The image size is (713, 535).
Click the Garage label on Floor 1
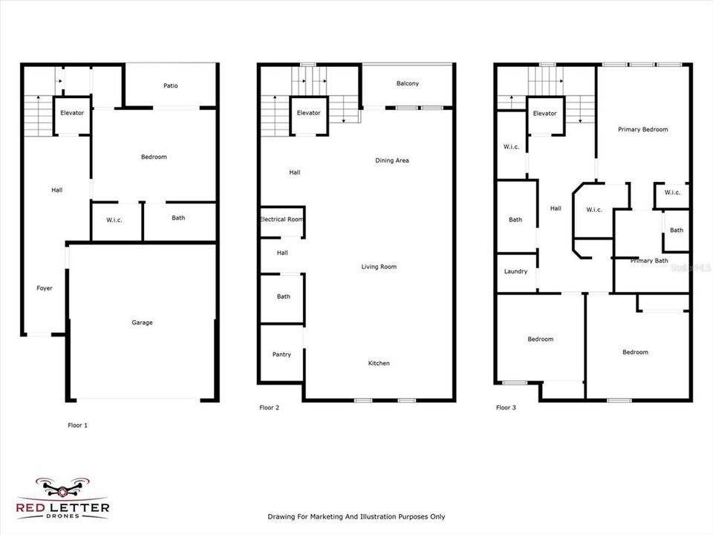tap(142, 322)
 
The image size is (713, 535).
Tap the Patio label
tap(171, 85)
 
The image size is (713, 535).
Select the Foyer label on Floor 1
tap(45, 288)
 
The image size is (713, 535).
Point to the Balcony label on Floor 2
tap(407, 83)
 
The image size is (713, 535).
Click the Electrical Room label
tap(281, 220)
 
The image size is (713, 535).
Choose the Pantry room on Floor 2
tap(281, 354)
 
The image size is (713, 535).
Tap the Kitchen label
tap(379, 363)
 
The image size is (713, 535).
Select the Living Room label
tap(379, 267)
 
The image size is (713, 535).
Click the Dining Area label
tap(391, 160)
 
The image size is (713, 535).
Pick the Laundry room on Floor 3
tap(515, 272)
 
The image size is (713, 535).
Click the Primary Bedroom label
tap(642, 129)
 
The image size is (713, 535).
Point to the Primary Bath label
tap(650, 261)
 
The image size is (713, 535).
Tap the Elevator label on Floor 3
tap(544, 114)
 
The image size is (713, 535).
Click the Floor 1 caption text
tap(77, 426)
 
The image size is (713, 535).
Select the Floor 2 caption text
tap(270, 407)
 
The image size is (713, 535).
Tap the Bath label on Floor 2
tap(283, 296)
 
